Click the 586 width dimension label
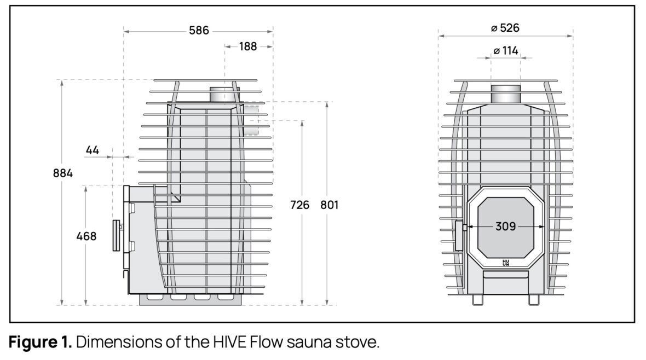pos(199,31)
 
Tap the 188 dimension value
pos(247,47)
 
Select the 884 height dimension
pos(63,173)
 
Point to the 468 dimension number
pos(86,236)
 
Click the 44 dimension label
pos(93,149)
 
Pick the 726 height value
pos(300,205)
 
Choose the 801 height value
pos(330,205)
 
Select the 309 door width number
pos(505,226)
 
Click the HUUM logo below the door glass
pos(505,263)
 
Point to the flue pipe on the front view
pos(505,95)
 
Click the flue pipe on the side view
pos(224,95)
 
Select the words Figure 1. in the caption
pos(41,344)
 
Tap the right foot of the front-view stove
pos(533,300)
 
